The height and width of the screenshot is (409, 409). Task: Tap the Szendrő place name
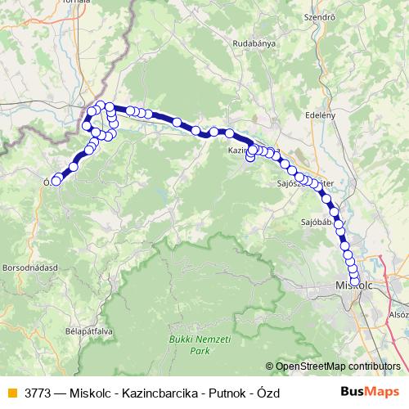(319, 16)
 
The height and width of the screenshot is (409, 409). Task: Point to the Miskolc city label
(354, 285)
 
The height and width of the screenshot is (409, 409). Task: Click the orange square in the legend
(11, 393)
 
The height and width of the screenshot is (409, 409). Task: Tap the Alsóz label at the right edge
(398, 313)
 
